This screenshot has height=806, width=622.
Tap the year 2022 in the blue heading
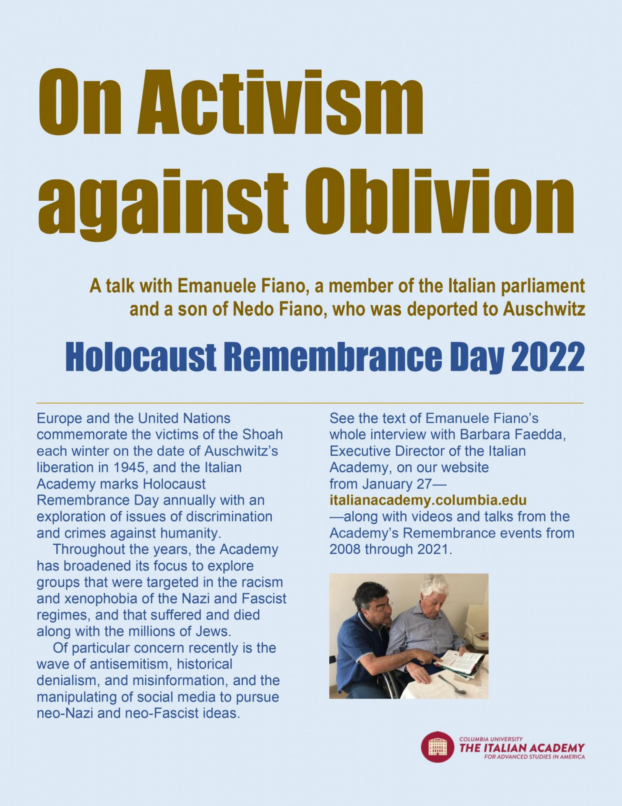click(x=547, y=357)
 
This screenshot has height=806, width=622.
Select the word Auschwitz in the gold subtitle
click(x=544, y=309)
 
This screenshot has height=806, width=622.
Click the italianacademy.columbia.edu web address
click(x=428, y=500)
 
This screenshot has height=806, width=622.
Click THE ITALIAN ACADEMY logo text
click(x=522, y=748)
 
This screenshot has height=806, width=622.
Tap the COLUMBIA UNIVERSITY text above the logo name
click(x=491, y=739)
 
